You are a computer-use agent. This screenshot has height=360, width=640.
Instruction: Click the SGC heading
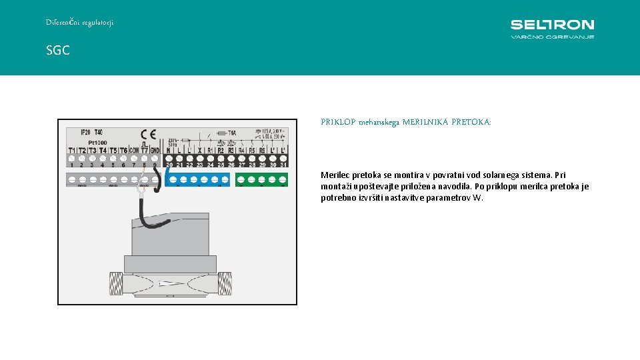58,50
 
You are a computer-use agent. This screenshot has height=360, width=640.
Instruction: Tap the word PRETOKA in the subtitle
471,123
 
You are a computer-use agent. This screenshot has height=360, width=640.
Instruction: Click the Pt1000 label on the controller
98,143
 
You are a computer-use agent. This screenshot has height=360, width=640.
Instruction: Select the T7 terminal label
145,151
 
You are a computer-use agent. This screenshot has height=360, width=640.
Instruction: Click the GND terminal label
155,151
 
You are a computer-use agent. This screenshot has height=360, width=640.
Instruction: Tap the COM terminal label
133,151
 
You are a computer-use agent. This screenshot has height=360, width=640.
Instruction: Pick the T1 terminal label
71,151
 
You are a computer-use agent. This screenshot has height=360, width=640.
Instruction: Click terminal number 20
169,165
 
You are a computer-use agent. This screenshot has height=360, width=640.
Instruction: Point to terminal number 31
283,165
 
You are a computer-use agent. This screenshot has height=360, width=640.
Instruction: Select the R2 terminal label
221,151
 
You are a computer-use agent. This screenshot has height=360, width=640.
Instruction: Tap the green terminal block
261,179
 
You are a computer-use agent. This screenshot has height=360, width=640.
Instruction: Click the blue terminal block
197,179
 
